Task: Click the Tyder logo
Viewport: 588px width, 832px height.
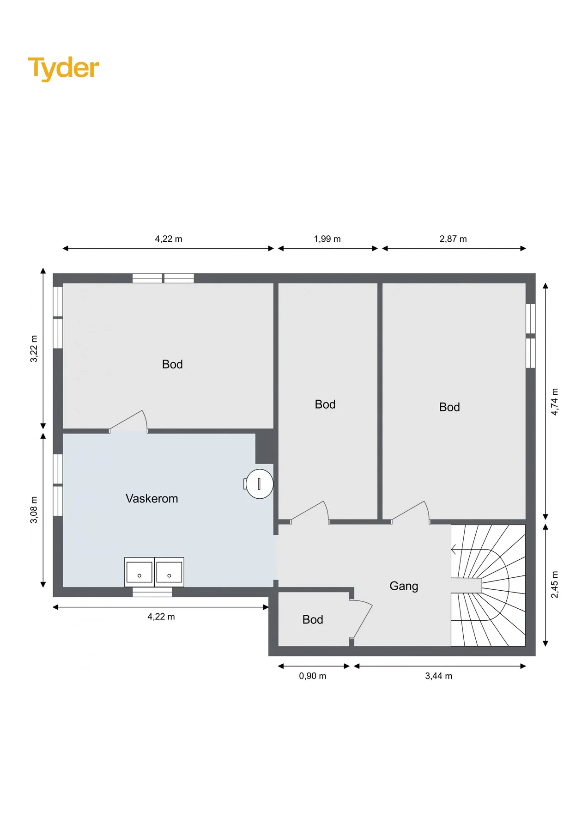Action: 64,68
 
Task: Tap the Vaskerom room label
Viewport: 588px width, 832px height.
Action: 152,498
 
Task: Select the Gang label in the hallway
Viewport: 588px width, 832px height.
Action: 404,586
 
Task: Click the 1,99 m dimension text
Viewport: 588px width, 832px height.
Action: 327,239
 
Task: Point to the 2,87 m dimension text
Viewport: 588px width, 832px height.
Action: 453,239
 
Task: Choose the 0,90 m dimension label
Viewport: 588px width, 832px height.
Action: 313,676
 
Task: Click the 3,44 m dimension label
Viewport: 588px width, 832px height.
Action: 439,676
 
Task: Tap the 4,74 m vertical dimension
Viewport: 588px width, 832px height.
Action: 555,402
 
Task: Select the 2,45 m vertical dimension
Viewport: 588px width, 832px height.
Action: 555,585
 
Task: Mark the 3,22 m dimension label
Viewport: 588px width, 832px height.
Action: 34,349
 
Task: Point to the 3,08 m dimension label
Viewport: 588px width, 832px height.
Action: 34,510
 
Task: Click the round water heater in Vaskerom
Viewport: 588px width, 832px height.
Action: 259,483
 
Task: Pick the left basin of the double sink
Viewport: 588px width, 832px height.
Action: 139,572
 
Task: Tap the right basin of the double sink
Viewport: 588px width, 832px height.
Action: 169,572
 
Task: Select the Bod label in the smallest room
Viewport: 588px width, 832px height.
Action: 313,620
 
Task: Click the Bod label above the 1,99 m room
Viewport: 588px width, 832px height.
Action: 325,404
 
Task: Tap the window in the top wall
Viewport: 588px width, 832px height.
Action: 163,278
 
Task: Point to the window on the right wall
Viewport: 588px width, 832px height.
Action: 531,336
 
